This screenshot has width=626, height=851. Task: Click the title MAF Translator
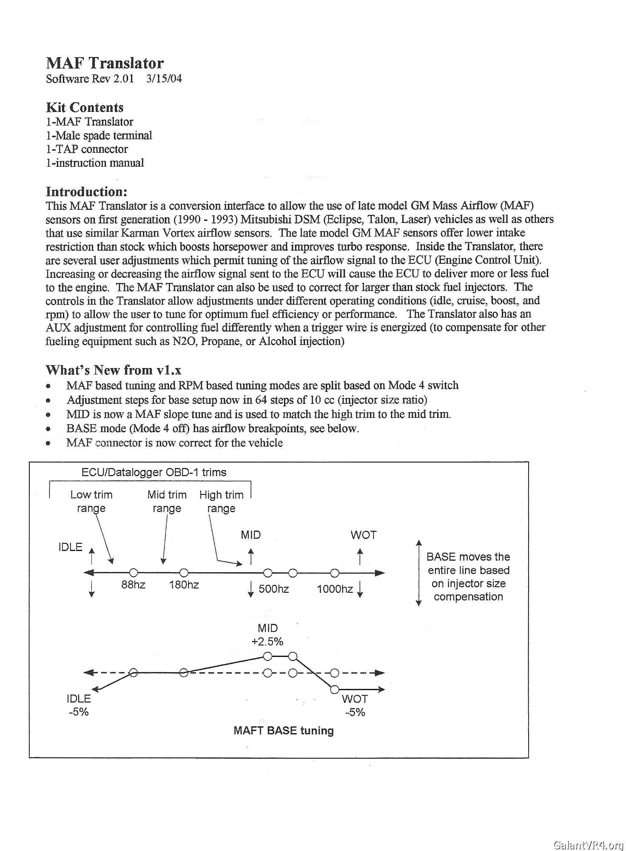tap(105, 63)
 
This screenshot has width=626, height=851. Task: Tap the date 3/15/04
tap(164, 79)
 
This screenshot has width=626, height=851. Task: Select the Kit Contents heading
tap(85, 107)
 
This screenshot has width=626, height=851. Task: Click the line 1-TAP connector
tap(87, 149)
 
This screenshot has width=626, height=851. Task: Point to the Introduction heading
tap(87, 191)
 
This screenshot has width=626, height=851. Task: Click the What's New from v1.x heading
tap(114, 370)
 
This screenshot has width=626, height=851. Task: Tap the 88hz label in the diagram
tap(133, 585)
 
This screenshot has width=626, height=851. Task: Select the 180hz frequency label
tap(184, 585)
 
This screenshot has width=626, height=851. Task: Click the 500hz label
tap(273, 589)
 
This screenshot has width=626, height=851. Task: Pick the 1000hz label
tap(335, 589)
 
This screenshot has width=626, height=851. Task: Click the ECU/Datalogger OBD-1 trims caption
tap(154, 472)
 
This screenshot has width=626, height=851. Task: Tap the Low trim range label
tap(91, 501)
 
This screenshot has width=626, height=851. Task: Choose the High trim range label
tap(221, 501)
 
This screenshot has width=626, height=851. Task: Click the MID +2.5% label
tap(267, 635)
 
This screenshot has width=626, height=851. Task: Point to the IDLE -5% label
tap(79, 705)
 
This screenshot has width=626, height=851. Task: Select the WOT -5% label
tap(355, 705)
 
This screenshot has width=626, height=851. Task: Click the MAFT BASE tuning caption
tap(284, 731)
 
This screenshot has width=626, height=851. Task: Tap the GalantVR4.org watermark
tap(589, 845)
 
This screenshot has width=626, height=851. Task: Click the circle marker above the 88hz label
tap(133, 573)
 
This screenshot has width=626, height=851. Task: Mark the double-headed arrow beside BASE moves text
tap(418, 573)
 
